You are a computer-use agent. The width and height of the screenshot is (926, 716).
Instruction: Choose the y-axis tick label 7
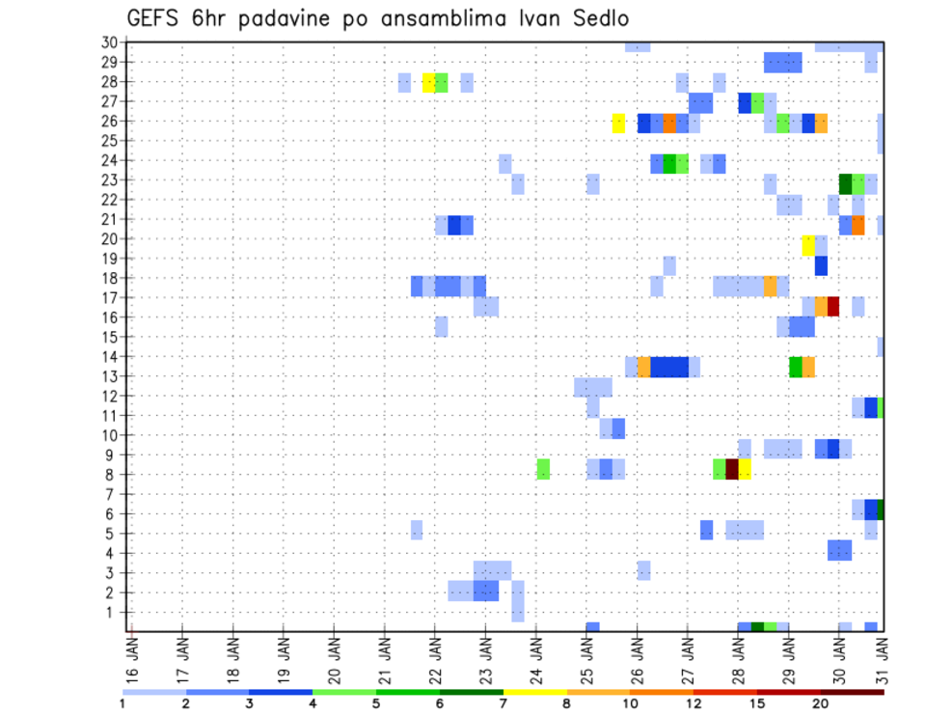point(113,494)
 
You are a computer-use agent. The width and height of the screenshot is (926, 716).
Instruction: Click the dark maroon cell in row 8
point(732,469)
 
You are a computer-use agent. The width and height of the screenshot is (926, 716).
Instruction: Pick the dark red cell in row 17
point(833,306)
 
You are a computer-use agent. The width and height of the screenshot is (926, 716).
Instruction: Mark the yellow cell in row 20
point(808,246)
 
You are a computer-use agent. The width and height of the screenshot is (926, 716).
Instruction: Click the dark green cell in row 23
point(846,183)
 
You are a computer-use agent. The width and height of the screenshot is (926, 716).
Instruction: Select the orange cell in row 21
point(858,225)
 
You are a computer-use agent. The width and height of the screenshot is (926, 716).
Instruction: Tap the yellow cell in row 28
point(428,82)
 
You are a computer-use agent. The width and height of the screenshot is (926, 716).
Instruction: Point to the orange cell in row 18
point(771,287)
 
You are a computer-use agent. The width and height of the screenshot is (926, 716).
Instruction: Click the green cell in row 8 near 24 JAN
point(543,469)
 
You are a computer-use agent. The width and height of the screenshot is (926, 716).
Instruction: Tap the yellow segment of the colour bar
point(535,692)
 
